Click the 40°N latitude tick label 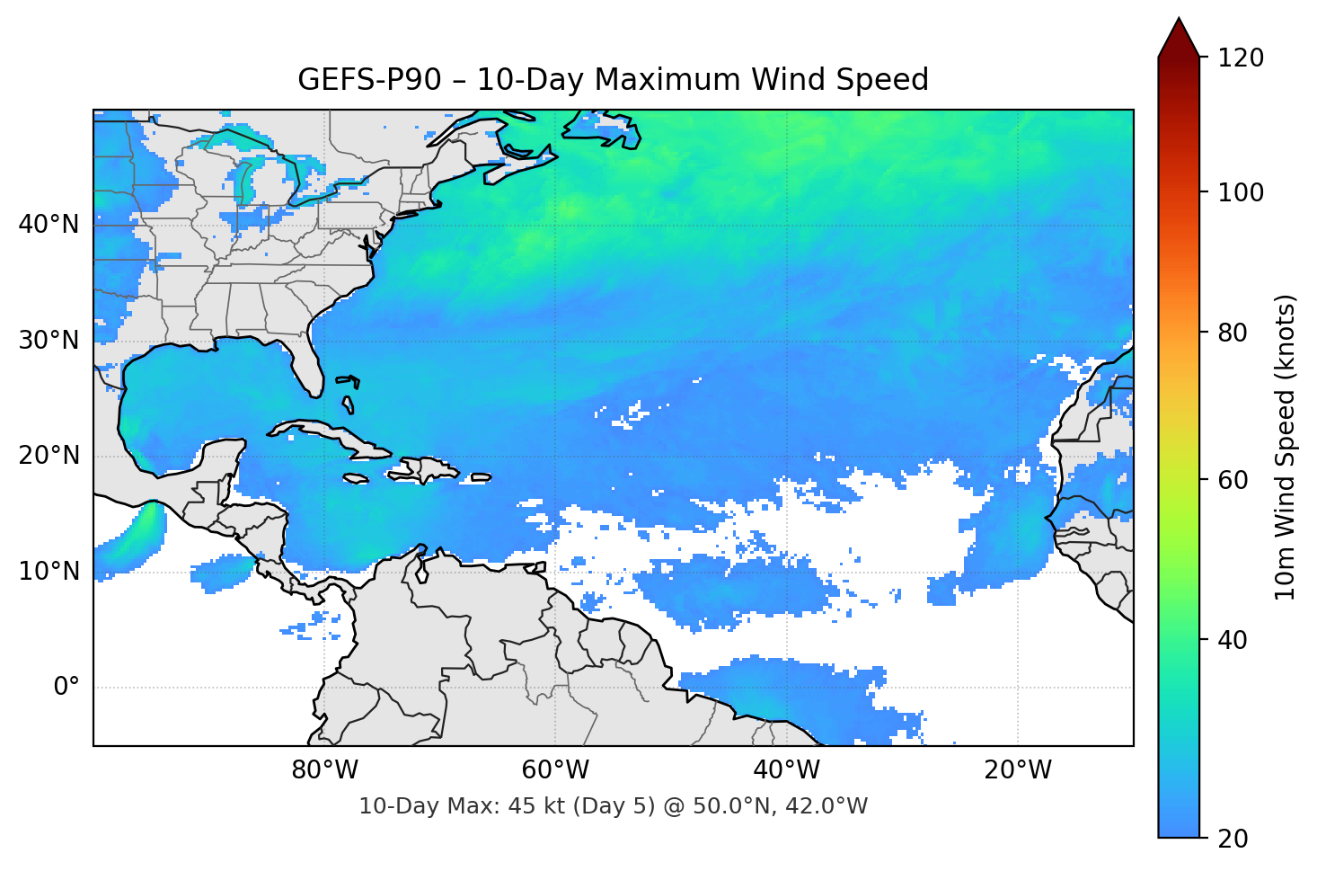(49, 225)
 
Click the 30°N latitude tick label (49, 341)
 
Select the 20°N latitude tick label (49, 456)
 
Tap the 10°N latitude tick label (49, 572)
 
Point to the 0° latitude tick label (66, 688)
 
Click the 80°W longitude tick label (324, 770)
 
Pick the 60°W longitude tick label (555, 770)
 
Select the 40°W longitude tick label (786, 770)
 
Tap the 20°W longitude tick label (1017, 770)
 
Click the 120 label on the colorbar (1241, 58)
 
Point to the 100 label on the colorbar (1241, 192)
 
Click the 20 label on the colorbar (1232, 839)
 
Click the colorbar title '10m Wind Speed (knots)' (1286, 447)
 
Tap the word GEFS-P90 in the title (369, 80)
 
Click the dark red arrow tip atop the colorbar (1179, 36)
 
